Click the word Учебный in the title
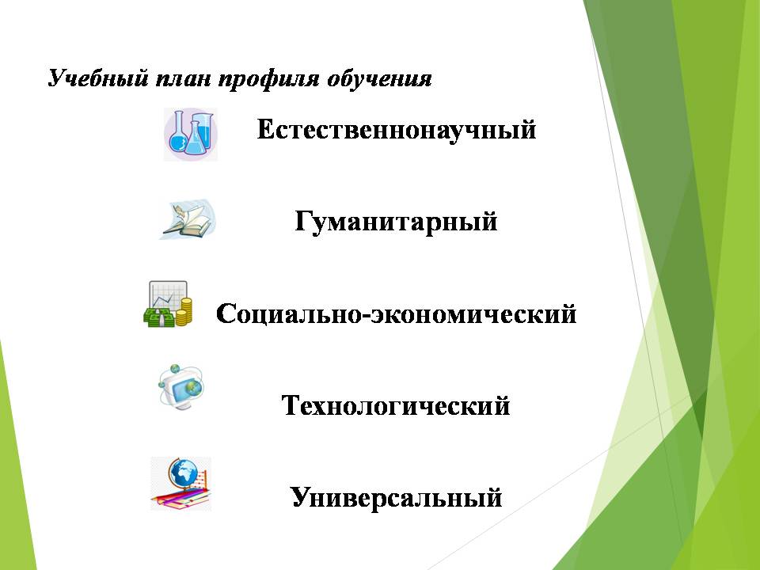tap(97, 78)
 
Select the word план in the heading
tap(183, 79)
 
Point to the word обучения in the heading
tap(379, 79)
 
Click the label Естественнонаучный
tap(397, 130)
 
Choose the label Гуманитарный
tap(396, 222)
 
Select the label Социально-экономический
tap(396, 313)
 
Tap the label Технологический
tap(396, 405)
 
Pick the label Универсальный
tap(396, 497)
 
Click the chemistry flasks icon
tap(191, 135)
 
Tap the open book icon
tap(188, 219)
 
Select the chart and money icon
tap(168, 304)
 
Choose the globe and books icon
tap(180, 483)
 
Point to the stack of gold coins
tap(184, 312)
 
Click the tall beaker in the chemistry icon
tap(203, 130)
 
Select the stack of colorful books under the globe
tap(180, 497)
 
